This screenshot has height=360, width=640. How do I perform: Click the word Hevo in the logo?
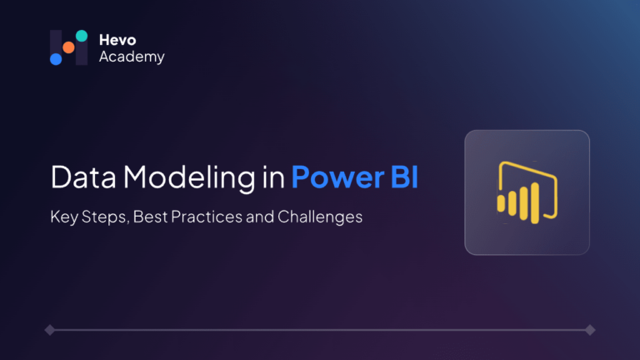click(x=117, y=40)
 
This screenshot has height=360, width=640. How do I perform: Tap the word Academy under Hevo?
click(x=132, y=57)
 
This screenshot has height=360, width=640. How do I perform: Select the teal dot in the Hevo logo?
click(x=82, y=36)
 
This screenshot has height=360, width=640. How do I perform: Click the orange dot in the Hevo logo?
click(x=68, y=47)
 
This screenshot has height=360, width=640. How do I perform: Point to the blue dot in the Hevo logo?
click(x=56, y=59)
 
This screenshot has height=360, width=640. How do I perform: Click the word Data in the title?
click(x=83, y=177)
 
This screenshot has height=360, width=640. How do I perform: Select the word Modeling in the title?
click(x=189, y=178)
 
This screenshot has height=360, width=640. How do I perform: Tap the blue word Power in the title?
click(x=337, y=177)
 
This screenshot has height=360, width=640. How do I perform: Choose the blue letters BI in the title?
click(x=404, y=177)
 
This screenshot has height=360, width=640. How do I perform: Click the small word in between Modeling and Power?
click(x=273, y=177)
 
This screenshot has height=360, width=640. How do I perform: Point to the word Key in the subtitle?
click(x=64, y=217)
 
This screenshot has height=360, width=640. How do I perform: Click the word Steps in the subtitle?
click(x=105, y=217)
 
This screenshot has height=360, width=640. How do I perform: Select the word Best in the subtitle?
click(x=150, y=217)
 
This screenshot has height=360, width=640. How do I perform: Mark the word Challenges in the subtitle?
click(x=320, y=217)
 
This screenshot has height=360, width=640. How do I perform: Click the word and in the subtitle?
click(x=260, y=217)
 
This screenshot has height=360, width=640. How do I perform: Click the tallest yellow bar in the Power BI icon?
click(x=535, y=202)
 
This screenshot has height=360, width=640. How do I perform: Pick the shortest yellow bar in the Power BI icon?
click(x=501, y=203)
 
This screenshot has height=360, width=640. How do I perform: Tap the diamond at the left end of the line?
click(x=50, y=330)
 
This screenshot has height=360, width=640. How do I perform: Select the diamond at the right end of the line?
click(x=590, y=330)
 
